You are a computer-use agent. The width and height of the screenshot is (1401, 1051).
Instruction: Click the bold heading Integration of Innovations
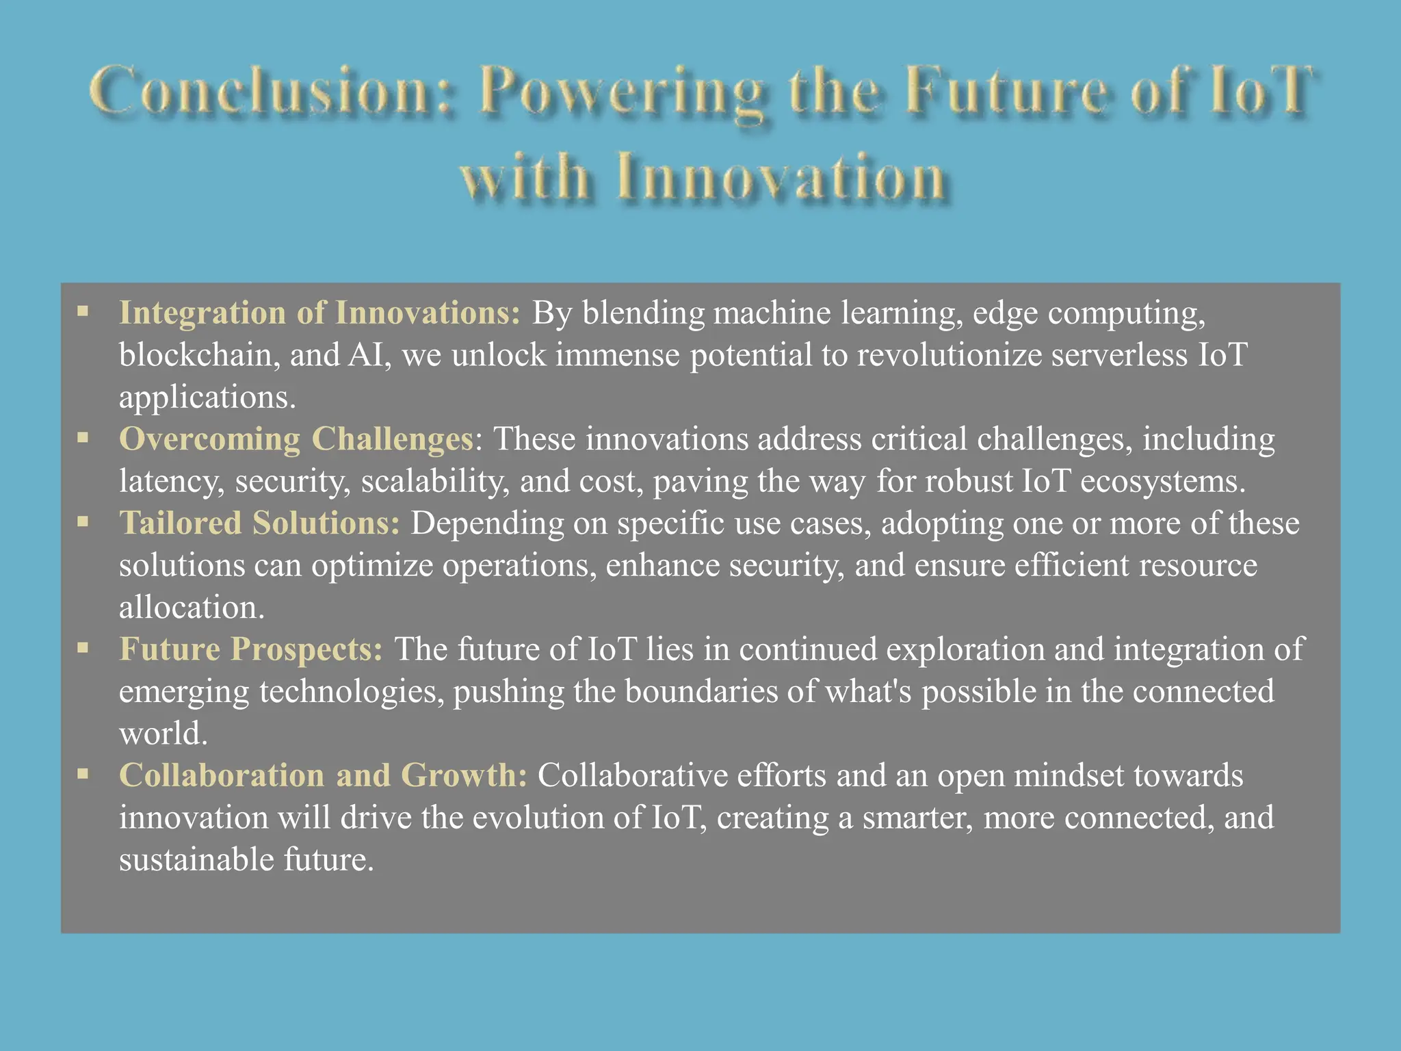click(319, 313)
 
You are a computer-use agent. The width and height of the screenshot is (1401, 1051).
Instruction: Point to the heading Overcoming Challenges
click(296, 439)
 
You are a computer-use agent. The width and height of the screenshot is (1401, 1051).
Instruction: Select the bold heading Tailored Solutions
click(259, 523)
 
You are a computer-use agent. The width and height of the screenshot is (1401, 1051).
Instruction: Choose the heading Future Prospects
click(250, 649)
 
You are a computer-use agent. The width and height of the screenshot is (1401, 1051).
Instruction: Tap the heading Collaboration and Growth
click(323, 776)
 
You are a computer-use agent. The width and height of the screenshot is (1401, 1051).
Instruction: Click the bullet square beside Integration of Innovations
click(83, 312)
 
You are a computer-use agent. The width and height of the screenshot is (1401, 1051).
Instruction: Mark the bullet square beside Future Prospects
click(83, 648)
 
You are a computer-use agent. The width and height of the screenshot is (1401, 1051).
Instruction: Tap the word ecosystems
click(1162, 482)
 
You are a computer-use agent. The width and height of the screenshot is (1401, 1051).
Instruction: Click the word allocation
click(191, 608)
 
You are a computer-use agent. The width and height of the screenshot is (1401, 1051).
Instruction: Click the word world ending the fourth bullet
click(162, 734)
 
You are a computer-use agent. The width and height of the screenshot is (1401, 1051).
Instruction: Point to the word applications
click(207, 398)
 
